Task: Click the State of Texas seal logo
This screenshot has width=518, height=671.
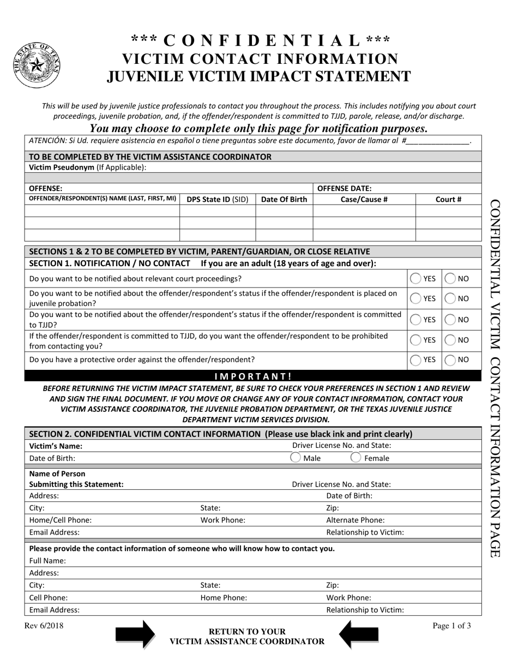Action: pos(36,65)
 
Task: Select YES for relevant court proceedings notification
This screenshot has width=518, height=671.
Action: pos(416,278)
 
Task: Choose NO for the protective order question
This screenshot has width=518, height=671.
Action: pos(450,360)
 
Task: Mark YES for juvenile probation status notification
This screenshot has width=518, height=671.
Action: pos(416,298)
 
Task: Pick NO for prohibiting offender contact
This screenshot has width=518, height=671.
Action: pos(450,340)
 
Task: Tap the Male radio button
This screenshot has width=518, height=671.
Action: pos(296,458)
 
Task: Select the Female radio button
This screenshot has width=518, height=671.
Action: pos(356,458)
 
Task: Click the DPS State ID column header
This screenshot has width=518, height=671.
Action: pos(217,200)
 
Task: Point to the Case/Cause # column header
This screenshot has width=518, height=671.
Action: pos(364,200)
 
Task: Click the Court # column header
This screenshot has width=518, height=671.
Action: pos(448,200)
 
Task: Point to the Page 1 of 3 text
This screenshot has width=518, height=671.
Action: pos(451,626)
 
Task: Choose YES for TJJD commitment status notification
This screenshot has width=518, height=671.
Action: pos(416,320)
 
